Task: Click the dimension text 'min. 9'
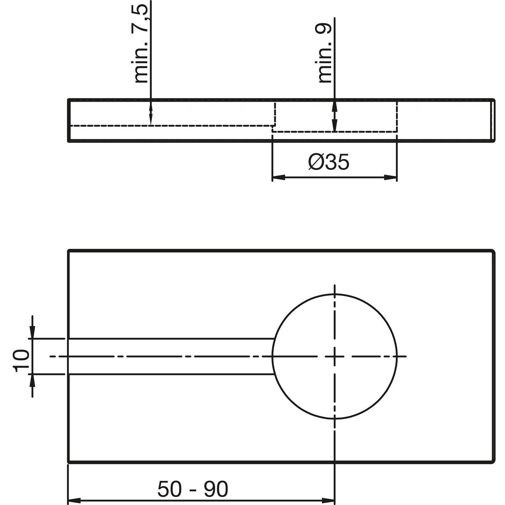325,54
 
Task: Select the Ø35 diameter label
329,163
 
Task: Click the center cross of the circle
334,356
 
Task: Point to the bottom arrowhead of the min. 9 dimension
334,127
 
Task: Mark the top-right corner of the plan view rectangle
494,250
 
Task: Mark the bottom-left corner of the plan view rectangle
69,462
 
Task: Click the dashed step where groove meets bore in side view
274,126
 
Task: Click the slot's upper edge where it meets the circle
275,338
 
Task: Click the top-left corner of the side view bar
69,100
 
